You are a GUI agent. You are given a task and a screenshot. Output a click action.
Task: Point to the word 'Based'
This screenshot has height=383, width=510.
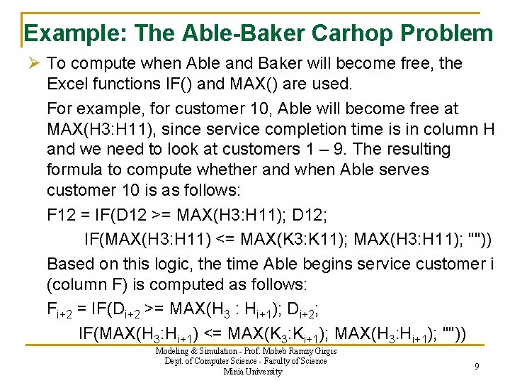pos(71,264)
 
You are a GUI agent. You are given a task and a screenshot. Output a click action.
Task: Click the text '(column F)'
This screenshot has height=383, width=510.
pos(89,285)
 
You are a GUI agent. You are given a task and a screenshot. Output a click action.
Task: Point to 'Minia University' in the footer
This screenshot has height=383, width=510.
pos(252,371)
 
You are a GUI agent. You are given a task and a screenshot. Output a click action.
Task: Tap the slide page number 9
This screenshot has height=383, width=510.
pos(477,366)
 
